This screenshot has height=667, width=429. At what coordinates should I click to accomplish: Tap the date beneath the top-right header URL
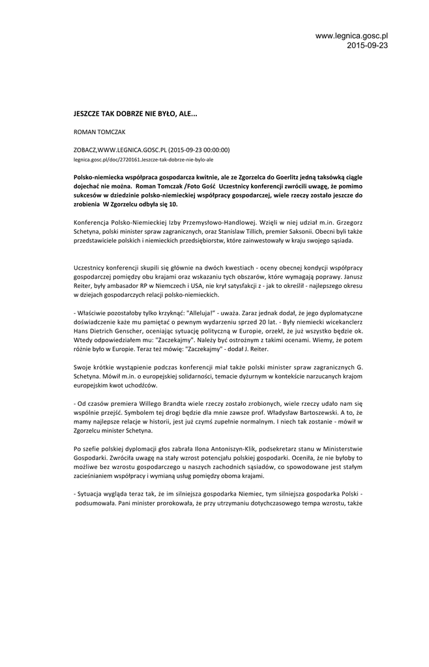point(367,45)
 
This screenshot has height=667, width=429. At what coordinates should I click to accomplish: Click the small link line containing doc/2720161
point(143,158)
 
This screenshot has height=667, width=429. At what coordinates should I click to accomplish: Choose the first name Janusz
point(349,276)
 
